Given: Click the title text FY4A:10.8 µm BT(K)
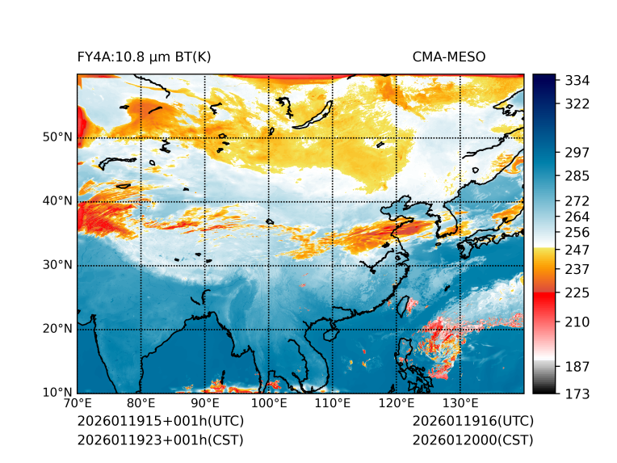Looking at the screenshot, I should tap(144, 57).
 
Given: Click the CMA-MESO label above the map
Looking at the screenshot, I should tap(449, 57).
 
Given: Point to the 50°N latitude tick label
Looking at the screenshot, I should tap(57, 137).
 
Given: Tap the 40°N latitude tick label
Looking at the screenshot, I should tap(57, 201).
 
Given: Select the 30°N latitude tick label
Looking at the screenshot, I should tap(57, 265).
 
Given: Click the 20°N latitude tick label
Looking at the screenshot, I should tap(57, 329).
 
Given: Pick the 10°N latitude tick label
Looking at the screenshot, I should tap(57, 393).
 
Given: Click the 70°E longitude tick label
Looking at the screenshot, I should tap(78, 403).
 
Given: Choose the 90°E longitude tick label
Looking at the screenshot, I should tap(205, 403).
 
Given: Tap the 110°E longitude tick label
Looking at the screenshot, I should tap(332, 403).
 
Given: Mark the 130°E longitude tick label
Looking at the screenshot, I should tap(460, 403).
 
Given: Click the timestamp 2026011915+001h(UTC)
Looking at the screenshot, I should tap(160, 422).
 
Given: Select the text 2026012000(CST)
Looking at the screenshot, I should tap(472, 440).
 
